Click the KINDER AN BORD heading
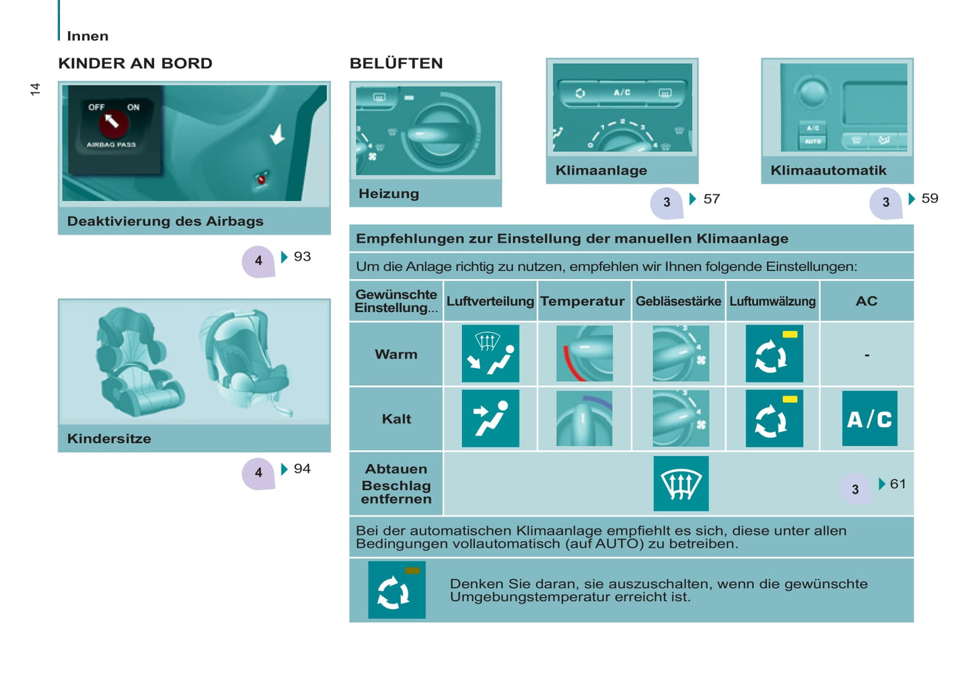[x=135, y=63]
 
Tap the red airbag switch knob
[x=114, y=123]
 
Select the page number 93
[x=302, y=256]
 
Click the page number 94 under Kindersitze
[x=302, y=469]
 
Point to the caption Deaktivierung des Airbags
[x=165, y=221]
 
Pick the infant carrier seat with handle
[x=245, y=362]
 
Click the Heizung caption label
[x=389, y=194]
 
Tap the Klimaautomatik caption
[x=828, y=170]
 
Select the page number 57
[x=712, y=199]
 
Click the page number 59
[x=930, y=198]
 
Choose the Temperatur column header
[x=583, y=301]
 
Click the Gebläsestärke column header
[x=678, y=301]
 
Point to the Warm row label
[x=396, y=354]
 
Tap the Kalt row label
[x=396, y=419]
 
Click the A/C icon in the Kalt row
[x=870, y=418]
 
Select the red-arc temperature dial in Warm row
[x=585, y=354]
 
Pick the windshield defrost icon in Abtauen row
[x=681, y=484]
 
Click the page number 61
[x=898, y=484]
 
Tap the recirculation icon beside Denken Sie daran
[x=397, y=590]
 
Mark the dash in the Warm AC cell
[x=867, y=355]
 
